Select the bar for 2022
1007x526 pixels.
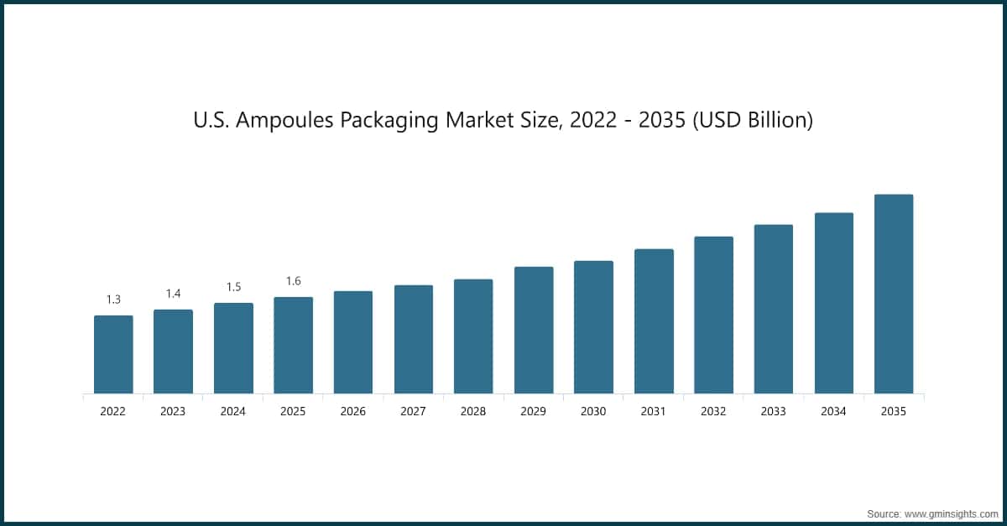(x=113, y=354)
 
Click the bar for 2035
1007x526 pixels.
(x=894, y=294)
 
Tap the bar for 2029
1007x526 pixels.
(x=534, y=330)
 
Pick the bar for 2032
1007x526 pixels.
(x=713, y=315)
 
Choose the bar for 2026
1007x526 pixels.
(x=353, y=342)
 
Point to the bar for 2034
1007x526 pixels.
(x=833, y=303)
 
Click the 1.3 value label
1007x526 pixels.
(x=113, y=299)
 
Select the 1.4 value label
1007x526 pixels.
(x=173, y=294)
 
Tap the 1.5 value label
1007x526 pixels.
(x=233, y=287)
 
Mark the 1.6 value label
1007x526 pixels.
(x=293, y=281)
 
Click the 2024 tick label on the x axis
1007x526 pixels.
(x=233, y=412)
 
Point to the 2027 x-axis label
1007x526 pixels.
(x=413, y=412)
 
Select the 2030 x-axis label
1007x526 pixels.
(x=593, y=412)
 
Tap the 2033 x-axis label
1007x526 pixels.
(x=773, y=412)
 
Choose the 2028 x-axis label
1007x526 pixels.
(x=473, y=412)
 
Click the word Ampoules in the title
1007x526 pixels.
(x=285, y=121)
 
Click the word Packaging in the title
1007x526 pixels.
(x=391, y=121)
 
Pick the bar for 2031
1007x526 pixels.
(x=654, y=321)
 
